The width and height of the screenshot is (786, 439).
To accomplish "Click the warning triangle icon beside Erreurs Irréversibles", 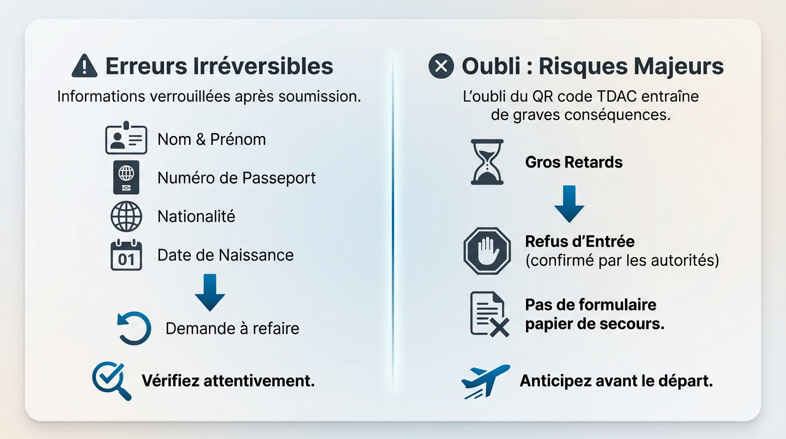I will click(x=85, y=66).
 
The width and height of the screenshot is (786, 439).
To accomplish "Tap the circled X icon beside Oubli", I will click(x=441, y=66).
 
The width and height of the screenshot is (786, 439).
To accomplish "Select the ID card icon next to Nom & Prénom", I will click(x=126, y=138).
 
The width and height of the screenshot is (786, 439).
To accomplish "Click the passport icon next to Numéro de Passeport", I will click(x=126, y=177).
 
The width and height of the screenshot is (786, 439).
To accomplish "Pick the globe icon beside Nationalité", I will click(x=126, y=217).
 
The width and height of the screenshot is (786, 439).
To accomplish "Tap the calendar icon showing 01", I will click(x=126, y=255).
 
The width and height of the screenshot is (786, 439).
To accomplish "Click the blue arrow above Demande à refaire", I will click(x=210, y=292).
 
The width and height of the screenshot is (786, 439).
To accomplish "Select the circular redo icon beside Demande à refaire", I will click(x=134, y=328).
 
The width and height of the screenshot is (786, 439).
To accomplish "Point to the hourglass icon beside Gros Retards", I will click(x=487, y=162).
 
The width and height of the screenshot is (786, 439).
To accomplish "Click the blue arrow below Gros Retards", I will click(x=569, y=203).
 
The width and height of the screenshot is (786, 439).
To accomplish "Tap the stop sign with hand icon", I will click(x=487, y=250).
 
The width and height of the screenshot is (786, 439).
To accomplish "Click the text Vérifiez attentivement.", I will click(x=228, y=380).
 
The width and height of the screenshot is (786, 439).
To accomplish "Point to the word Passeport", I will click(x=279, y=178).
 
